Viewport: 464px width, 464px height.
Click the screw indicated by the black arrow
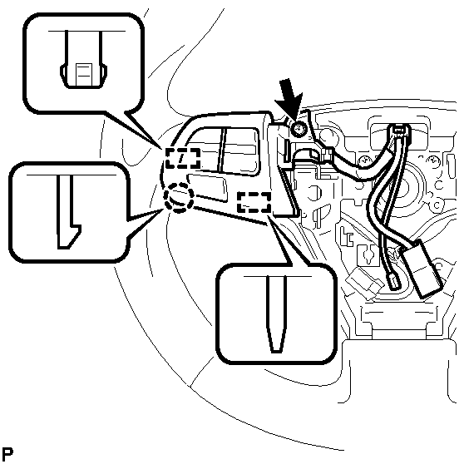pos(299,130)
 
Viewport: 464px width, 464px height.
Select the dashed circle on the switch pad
pos(179,197)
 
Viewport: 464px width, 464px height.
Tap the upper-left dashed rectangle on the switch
pos(183,159)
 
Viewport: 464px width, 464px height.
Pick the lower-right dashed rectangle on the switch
pos(254,202)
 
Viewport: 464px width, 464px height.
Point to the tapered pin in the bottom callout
pos(277,314)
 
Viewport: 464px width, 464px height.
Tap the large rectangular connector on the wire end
pos(422,268)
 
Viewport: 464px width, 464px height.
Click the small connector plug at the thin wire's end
pos(392,282)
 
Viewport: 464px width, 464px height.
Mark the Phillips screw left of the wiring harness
pos(364,161)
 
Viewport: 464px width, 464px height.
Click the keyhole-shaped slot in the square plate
pos(368,254)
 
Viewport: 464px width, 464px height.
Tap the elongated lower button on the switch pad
pos(207,188)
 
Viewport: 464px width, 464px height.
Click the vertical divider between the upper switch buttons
pos(220,150)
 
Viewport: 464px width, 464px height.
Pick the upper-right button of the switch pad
pos(240,151)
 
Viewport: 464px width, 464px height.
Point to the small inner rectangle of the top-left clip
pos(84,75)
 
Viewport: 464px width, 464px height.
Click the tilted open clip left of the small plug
pos(364,284)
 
